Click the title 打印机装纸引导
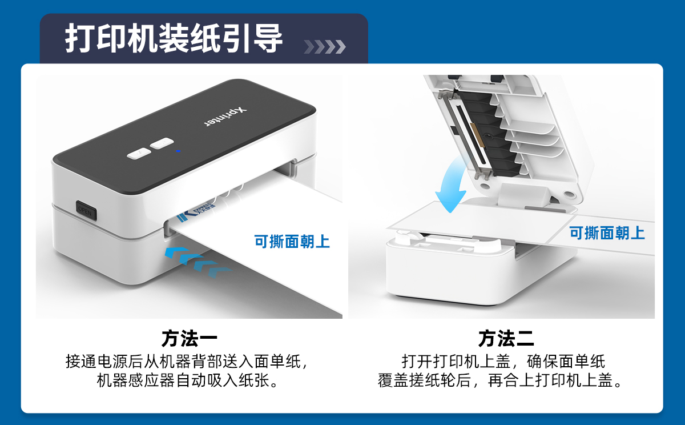tap(174, 39)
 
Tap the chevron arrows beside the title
tap(325, 46)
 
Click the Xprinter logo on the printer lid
tap(225, 117)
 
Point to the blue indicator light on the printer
tap(178, 151)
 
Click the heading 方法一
tap(190, 338)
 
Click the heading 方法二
tap(506, 338)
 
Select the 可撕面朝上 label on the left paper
tap(292, 242)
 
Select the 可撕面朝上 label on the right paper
tap(607, 233)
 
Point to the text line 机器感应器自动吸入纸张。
tap(188, 380)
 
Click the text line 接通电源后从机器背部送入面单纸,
tap(187, 362)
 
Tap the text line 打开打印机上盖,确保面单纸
tap(503, 362)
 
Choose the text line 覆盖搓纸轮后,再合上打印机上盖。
tap(500, 380)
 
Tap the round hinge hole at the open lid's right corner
tap(569, 194)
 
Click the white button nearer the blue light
tap(162, 143)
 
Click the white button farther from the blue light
tap(139, 153)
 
